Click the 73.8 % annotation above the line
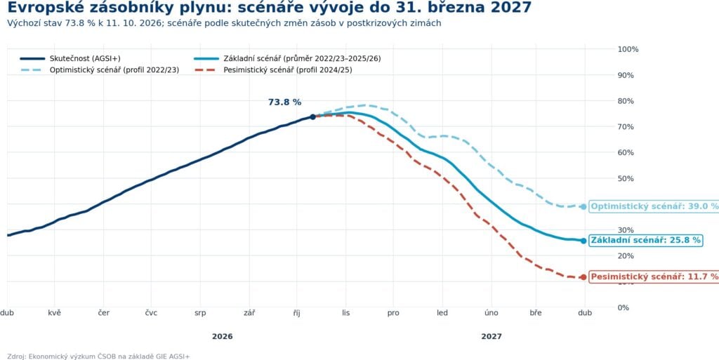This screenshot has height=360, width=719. [285, 102]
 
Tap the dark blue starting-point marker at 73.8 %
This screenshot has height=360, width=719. [312, 116]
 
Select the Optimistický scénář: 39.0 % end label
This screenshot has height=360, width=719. [654, 206]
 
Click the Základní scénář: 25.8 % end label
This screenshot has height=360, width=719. [646, 240]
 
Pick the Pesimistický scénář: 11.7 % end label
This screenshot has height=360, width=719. [654, 276]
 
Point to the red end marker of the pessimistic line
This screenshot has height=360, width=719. [583, 277]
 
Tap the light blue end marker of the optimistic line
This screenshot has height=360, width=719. [583, 206]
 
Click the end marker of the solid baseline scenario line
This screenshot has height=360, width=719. [583, 241]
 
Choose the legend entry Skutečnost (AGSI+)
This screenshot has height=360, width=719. [70, 59]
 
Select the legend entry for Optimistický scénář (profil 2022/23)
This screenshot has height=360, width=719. [100, 70]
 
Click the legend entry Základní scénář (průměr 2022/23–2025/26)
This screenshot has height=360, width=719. [287, 59]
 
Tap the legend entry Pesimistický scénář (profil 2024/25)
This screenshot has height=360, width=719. [273, 70]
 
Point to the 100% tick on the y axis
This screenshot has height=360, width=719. [628, 49]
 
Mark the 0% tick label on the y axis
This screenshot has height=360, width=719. [624, 307]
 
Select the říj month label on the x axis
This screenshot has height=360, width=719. [298, 313]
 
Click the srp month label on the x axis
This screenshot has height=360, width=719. [200, 313]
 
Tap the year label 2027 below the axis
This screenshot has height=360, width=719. [492, 337]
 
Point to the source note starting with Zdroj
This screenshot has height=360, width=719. [98, 356]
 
